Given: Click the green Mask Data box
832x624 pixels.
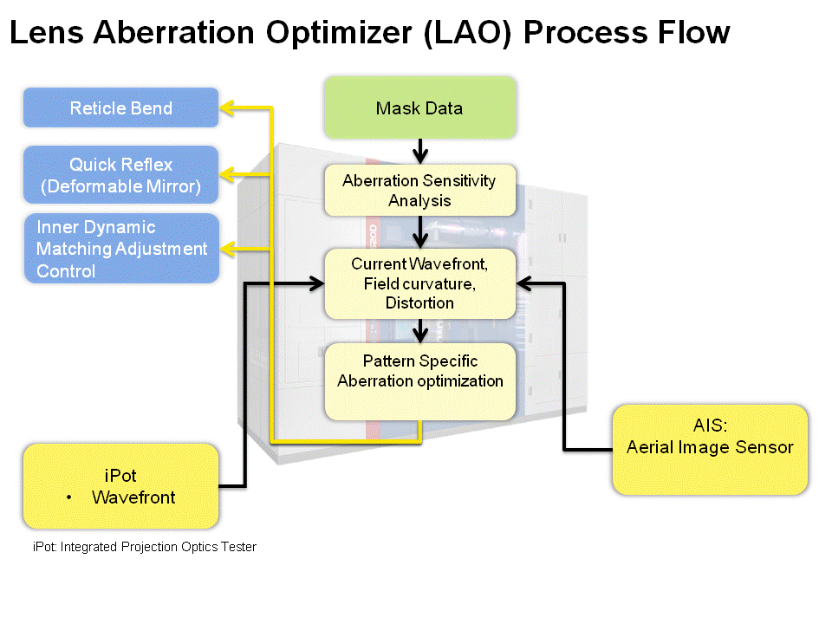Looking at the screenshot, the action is (419, 107).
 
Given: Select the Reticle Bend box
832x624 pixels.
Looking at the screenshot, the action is (121, 107).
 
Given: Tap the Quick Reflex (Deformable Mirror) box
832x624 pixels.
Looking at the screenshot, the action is (121, 174).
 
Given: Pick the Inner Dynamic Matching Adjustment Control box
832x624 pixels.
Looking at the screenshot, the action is (121, 249).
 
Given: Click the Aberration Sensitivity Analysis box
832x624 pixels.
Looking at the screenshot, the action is (419, 190).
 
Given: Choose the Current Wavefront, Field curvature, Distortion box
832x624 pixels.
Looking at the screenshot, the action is (419, 283).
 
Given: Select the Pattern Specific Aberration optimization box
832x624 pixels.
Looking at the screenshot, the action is (419, 381).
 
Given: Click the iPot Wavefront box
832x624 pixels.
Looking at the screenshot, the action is (121, 486).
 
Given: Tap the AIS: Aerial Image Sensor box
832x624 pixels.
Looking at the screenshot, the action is (710, 450).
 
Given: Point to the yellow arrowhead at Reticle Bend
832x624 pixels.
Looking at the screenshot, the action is (227, 107).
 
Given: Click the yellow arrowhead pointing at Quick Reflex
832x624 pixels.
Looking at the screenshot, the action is (227, 174).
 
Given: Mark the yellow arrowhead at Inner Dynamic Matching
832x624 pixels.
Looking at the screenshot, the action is (227, 249).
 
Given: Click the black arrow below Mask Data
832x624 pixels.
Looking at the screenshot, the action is (420, 151).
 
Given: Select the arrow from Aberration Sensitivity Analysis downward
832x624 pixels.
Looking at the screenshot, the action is (420, 232).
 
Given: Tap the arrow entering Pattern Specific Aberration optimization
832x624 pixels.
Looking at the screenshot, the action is (420, 331).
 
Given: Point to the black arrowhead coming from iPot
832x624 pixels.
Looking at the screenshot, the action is (317, 284).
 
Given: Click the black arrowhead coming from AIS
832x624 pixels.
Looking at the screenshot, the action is (524, 284).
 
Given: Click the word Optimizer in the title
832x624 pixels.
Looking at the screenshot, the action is (339, 33).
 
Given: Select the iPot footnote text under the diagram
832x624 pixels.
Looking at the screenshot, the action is (145, 547).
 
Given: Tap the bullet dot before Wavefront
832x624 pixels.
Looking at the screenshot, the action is (69, 497).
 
